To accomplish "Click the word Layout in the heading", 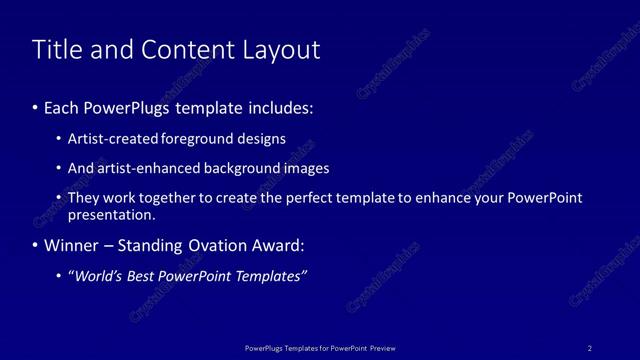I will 284,50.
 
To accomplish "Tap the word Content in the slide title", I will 182,50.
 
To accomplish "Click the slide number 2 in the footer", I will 590,348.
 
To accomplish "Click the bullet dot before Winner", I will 35,245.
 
